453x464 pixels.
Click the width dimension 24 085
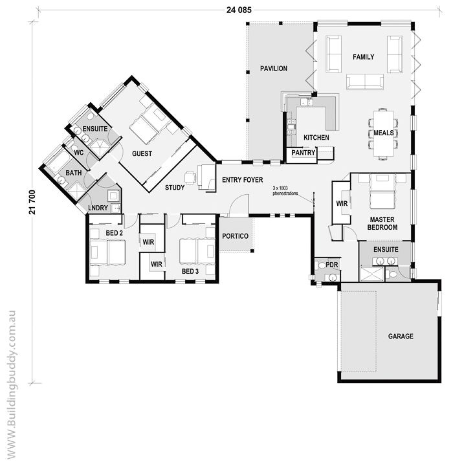239,10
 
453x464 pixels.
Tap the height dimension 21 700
32,202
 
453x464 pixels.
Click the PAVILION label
274,69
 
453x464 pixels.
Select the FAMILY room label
363,57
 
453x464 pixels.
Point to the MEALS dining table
384,133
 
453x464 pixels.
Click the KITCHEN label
316,138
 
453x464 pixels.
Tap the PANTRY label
304,153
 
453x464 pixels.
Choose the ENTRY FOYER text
243,180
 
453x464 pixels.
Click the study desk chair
190,177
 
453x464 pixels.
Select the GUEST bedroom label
142,153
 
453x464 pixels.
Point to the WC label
79,153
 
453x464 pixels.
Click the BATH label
74,173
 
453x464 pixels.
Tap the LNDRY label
98,208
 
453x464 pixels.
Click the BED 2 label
114,233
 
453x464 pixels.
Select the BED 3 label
190,271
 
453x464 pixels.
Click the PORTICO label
235,236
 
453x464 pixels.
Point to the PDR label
332,265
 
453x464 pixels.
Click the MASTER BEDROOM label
382,223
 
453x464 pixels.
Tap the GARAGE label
401,336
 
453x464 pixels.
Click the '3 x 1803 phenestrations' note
285,191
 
